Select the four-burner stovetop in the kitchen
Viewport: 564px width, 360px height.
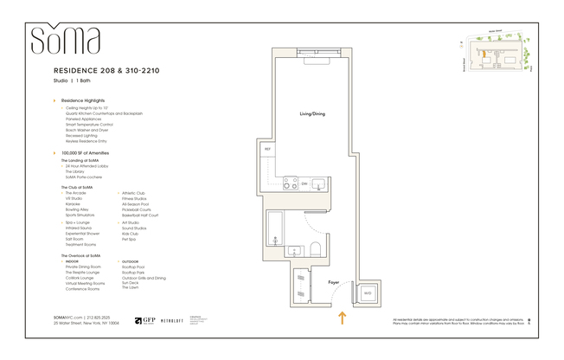tap(291, 183)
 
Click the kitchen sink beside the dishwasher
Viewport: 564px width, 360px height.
tap(318, 183)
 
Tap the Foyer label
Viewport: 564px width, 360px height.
tap(333, 281)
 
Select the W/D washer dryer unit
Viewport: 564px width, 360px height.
tap(367, 293)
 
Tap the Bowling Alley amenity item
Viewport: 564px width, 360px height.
tap(77, 208)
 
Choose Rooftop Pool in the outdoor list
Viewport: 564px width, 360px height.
tap(133, 267)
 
